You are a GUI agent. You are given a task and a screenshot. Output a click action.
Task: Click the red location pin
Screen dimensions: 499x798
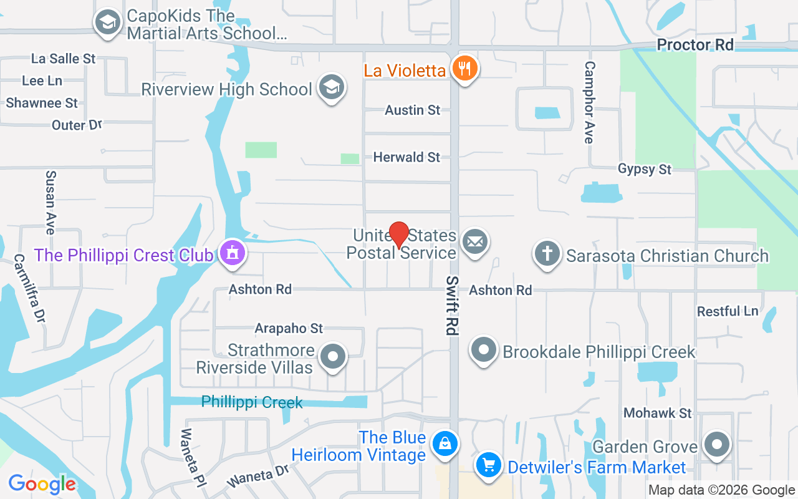[x=399, y=235]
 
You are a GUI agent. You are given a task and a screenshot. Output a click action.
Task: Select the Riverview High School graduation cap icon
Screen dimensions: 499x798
[x=331, y=87]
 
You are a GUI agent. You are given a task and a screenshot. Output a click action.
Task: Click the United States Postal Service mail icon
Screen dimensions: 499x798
[x=475, y=241]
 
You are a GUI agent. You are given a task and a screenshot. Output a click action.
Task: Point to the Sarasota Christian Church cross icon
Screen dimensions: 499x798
[x=547, y=254]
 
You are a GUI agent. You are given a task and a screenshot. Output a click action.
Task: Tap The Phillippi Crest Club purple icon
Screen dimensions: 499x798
[x=233, y=253]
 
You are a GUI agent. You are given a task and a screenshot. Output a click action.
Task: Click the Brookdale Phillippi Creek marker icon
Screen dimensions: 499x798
[x=483, y=350]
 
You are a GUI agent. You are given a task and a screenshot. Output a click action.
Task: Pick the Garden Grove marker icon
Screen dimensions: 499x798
[x=717, y=445]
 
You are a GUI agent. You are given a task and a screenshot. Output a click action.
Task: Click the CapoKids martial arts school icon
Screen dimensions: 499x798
[x=108, y=23]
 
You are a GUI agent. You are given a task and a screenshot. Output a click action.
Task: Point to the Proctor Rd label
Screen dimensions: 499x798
[x=695, y=45]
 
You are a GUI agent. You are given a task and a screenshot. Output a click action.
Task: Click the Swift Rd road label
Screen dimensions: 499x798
[x=451, y=306]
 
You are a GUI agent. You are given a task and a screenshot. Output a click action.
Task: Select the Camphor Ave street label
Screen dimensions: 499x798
[x=589, y=102]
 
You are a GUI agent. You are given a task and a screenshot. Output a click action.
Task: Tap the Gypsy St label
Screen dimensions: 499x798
[x=644, y=169]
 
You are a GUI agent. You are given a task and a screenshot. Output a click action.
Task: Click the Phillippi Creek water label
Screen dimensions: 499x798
[x=252, y=402]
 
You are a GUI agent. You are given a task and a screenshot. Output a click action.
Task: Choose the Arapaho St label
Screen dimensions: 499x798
[x=289, y=328]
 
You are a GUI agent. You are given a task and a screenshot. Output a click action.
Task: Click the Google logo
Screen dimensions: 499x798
[x=42, y=483]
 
